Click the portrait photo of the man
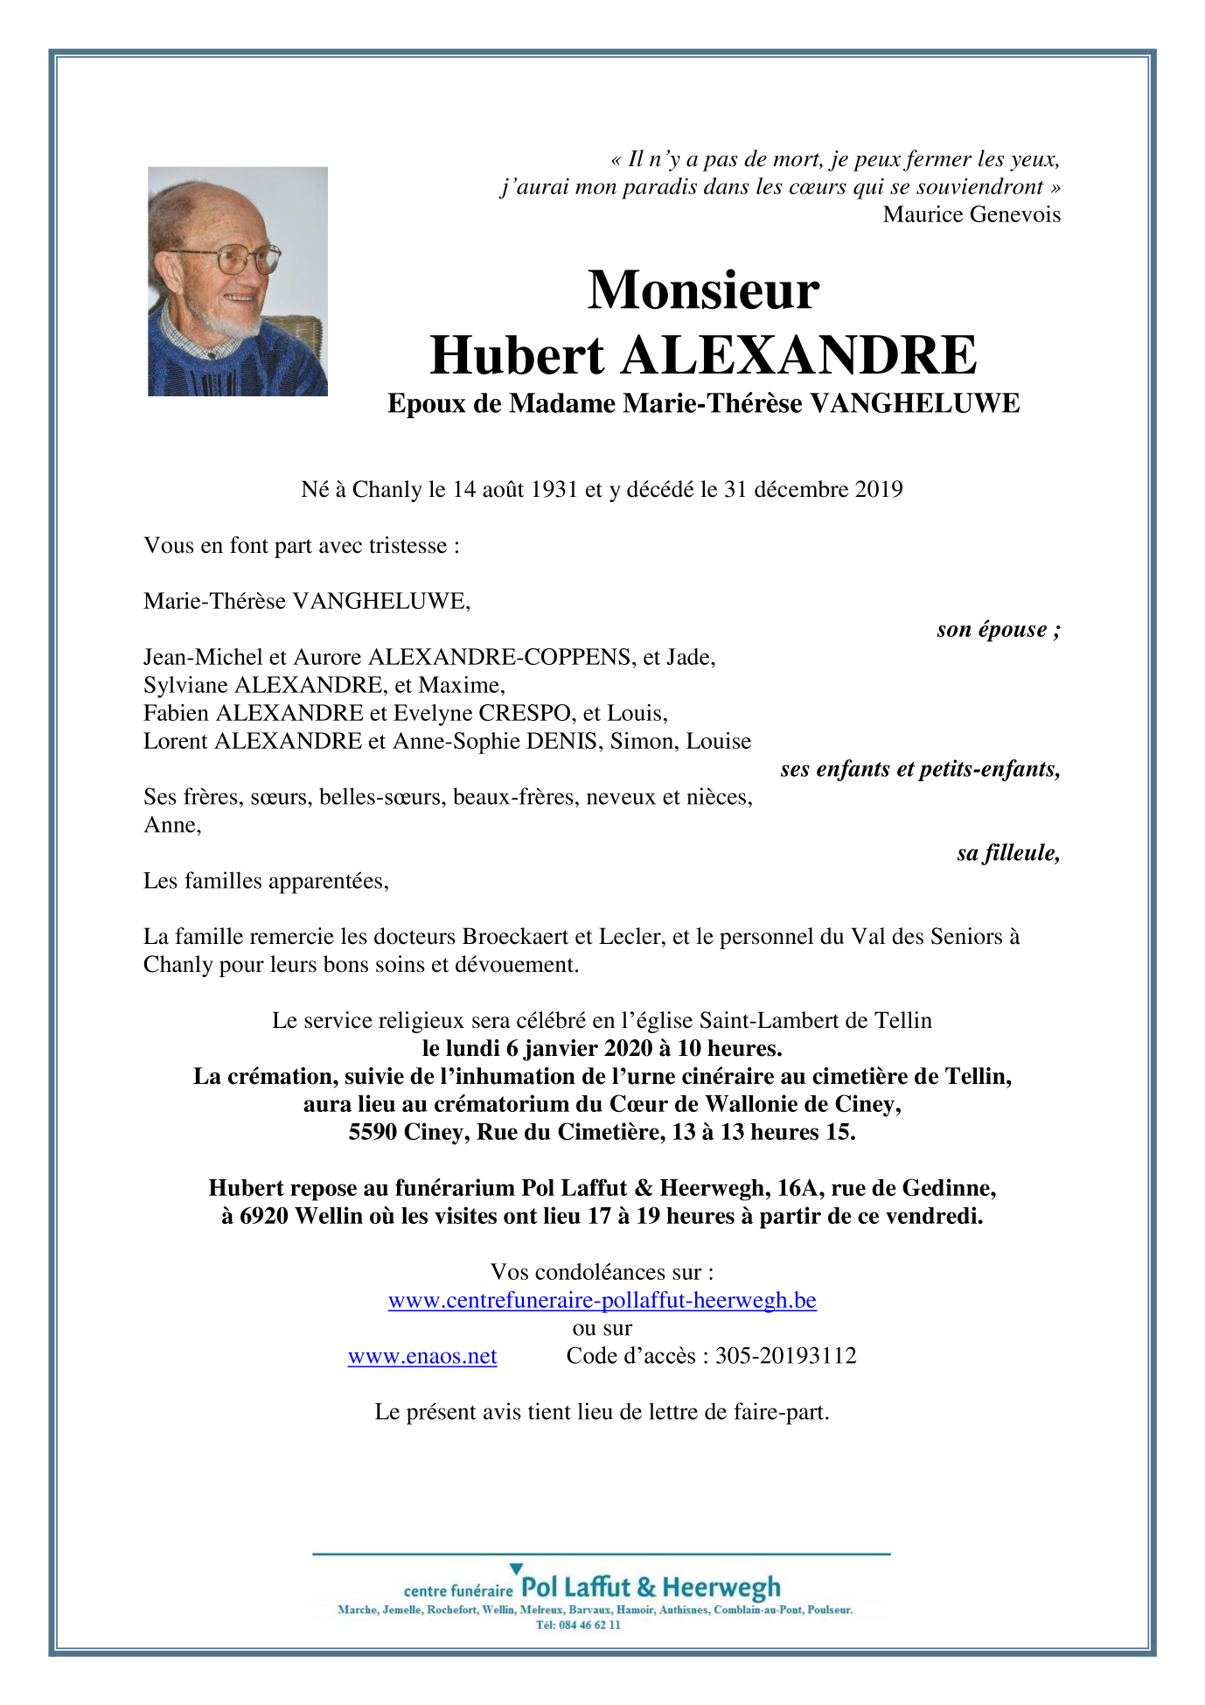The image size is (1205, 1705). point(237,281)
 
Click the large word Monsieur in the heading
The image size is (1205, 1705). point(703,290)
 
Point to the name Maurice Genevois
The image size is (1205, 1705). point(971,214)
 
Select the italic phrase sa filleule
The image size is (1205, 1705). point(1007,853)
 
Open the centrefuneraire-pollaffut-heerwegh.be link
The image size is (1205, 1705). point(602,1300)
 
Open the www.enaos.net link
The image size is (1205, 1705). point(422,1356)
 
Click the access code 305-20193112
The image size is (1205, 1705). point(785,1356)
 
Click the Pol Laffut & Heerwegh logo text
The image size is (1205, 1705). point(650,1587)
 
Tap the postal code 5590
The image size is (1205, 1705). point(373,1132)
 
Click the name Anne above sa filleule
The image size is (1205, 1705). point(171,825)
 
